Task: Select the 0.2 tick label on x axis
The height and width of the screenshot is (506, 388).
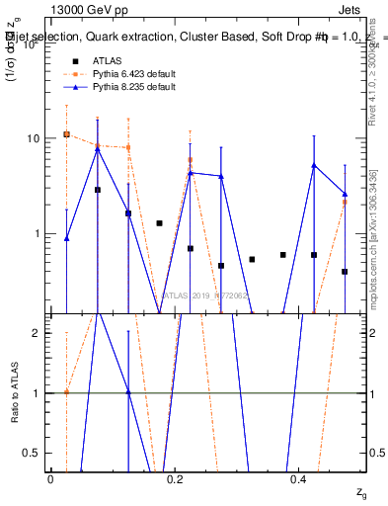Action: (175, 478)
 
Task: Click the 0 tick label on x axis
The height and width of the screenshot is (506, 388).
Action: (50, 478)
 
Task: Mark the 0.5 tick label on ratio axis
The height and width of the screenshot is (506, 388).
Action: (34, 454)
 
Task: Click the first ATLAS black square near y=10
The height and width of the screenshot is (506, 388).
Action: (66, 134)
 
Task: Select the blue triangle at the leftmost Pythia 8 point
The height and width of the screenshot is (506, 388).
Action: (66, 238)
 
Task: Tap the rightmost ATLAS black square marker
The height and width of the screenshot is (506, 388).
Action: (345, 271)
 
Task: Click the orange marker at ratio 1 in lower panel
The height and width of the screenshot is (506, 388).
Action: (66, 392)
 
